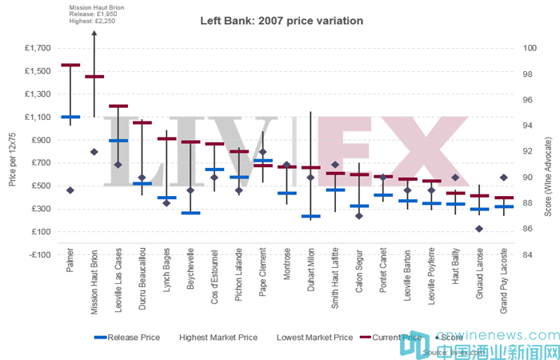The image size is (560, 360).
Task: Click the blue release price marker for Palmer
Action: (x=70, y=117)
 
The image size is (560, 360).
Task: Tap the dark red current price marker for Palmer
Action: (x=70, y=65)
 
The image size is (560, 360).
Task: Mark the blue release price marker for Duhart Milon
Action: (x=311, y=216)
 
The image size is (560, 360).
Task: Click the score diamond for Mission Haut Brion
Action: (x=94, y=151)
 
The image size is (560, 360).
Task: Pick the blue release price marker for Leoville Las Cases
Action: (x=118, y=140)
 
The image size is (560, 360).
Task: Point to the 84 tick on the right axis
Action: (x=528, y=255)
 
